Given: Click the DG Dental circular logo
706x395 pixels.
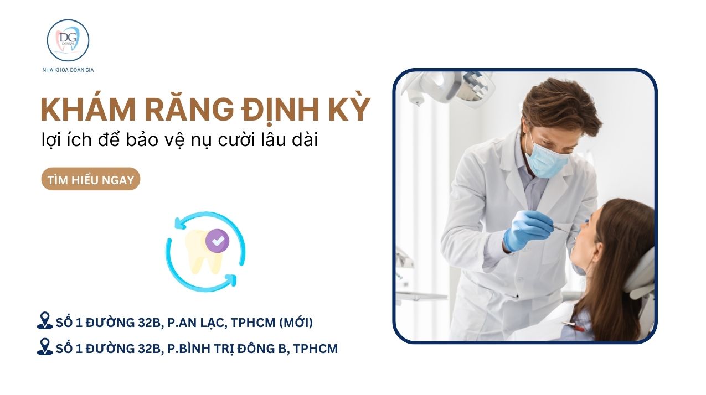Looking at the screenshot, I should pos(68,40).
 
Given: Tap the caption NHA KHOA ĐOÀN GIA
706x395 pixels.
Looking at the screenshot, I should pos(68,70).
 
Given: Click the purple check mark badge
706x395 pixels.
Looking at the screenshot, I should pos(217,241).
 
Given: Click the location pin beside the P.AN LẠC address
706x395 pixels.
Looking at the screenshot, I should pos(44,321).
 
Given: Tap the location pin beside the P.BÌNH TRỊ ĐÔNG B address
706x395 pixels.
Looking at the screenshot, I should pos(44,347).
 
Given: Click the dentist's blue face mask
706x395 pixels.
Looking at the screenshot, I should pos(547,158).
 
